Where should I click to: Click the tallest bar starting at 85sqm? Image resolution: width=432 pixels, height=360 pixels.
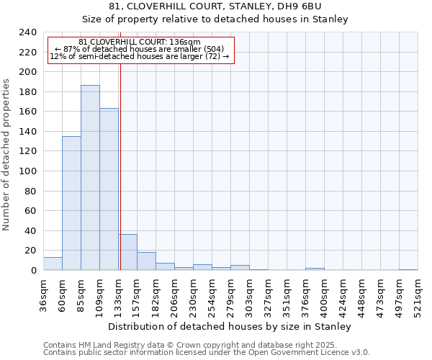pos(90,178)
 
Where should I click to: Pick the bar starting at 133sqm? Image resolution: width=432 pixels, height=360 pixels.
pos(128,252)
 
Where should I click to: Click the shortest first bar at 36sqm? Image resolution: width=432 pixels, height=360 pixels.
pos(53,264)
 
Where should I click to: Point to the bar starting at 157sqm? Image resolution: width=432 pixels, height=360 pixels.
pos(146,261)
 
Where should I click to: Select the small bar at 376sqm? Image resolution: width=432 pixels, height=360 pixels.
pos(315,269)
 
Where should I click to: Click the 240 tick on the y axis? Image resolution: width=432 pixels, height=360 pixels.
pos(27,32)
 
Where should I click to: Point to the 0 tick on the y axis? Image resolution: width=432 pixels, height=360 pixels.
pos(33,270)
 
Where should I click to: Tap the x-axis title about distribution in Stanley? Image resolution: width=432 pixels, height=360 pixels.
pos(230,326)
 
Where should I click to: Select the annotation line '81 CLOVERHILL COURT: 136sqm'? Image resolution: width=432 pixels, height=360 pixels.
pos(140,42)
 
